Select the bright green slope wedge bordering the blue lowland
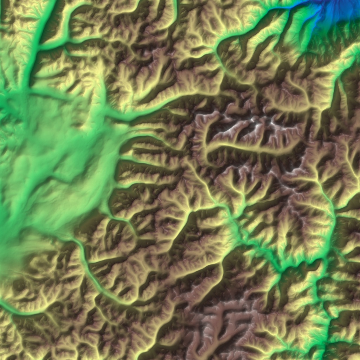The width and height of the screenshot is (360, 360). click(299, 28)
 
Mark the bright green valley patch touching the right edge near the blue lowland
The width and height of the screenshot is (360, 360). click(353, 53)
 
